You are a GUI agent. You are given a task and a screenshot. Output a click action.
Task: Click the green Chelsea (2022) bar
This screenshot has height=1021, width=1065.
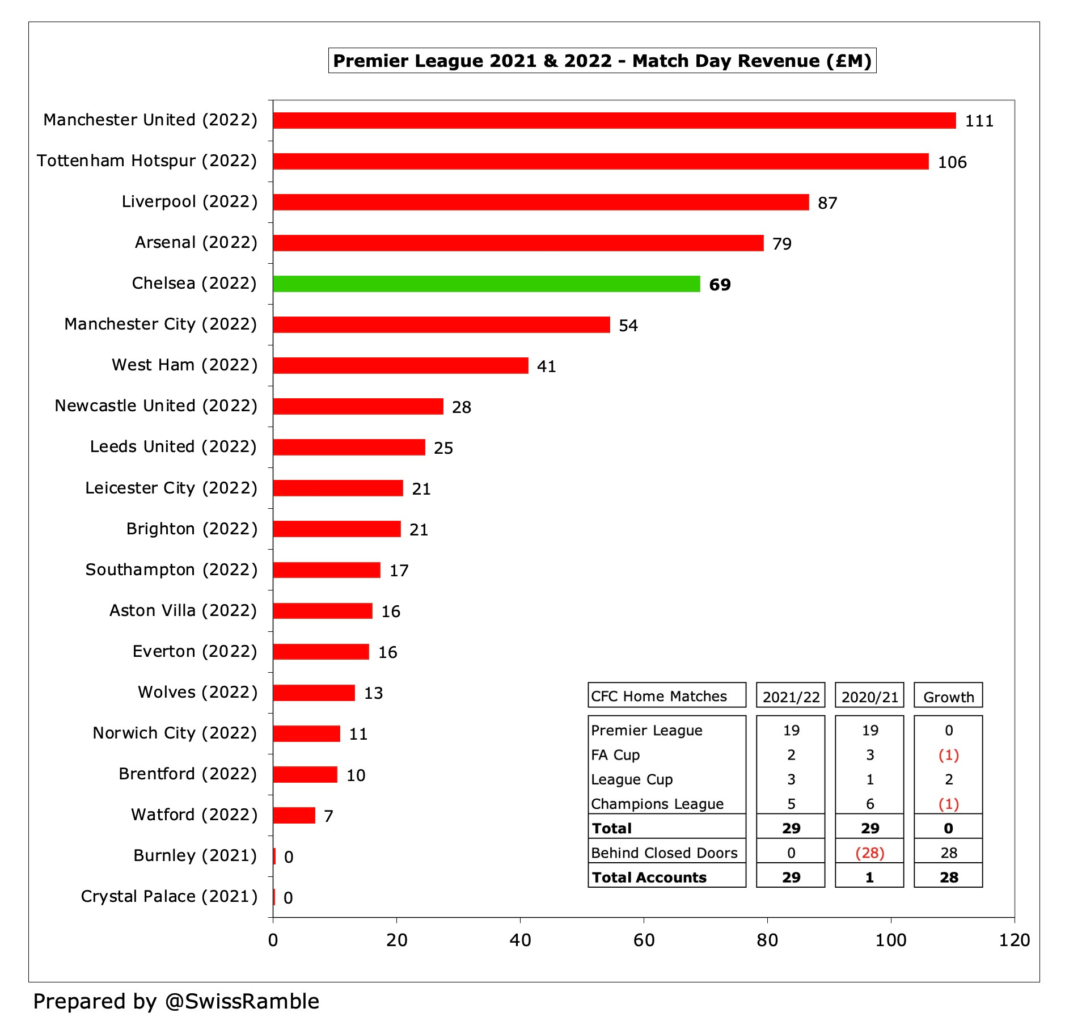tap(487, 284)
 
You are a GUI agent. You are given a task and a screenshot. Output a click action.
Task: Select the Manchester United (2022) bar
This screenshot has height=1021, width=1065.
tap(614, 120)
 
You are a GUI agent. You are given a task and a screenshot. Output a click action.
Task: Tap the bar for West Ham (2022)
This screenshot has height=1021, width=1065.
tap(400, 365)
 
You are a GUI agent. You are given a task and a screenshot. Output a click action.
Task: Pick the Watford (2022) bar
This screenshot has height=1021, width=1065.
tap(294, 815)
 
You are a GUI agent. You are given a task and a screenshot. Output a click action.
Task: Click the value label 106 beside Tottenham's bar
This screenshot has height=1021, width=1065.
tap(952, 162)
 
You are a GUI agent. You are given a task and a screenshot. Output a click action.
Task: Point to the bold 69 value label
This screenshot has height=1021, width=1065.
tap(720, 285)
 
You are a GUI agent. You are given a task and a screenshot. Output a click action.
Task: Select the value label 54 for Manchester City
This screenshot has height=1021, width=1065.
tap(628, 326)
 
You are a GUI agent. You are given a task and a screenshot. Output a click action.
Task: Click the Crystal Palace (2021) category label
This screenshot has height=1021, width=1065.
tap(169, 896)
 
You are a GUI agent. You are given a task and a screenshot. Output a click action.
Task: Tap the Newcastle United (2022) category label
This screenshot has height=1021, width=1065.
tap(156, 406)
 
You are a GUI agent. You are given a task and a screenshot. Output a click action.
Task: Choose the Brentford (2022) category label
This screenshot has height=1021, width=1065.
tap(188, 774)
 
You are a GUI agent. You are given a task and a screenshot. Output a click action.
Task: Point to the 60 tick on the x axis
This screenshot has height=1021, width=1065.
tap(644, 940)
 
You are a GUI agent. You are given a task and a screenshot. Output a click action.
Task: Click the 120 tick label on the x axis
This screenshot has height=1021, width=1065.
tap(1014, 940)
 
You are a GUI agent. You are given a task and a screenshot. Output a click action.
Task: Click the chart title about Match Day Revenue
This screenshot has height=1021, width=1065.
tap(602, 61)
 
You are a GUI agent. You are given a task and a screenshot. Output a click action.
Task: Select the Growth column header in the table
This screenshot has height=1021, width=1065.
tap(948, 697)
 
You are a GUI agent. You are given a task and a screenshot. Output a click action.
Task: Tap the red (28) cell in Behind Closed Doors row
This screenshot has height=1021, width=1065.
tap(869, 853)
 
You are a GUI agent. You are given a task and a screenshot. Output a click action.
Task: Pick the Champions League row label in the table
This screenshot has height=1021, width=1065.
tap(657, 804)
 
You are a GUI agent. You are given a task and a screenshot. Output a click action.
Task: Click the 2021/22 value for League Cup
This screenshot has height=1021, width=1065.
tap(791, 779)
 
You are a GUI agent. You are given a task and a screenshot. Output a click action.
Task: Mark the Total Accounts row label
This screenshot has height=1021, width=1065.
tap(649, 877)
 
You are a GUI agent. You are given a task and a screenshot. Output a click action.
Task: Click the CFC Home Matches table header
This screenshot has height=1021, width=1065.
tap(659, 696)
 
